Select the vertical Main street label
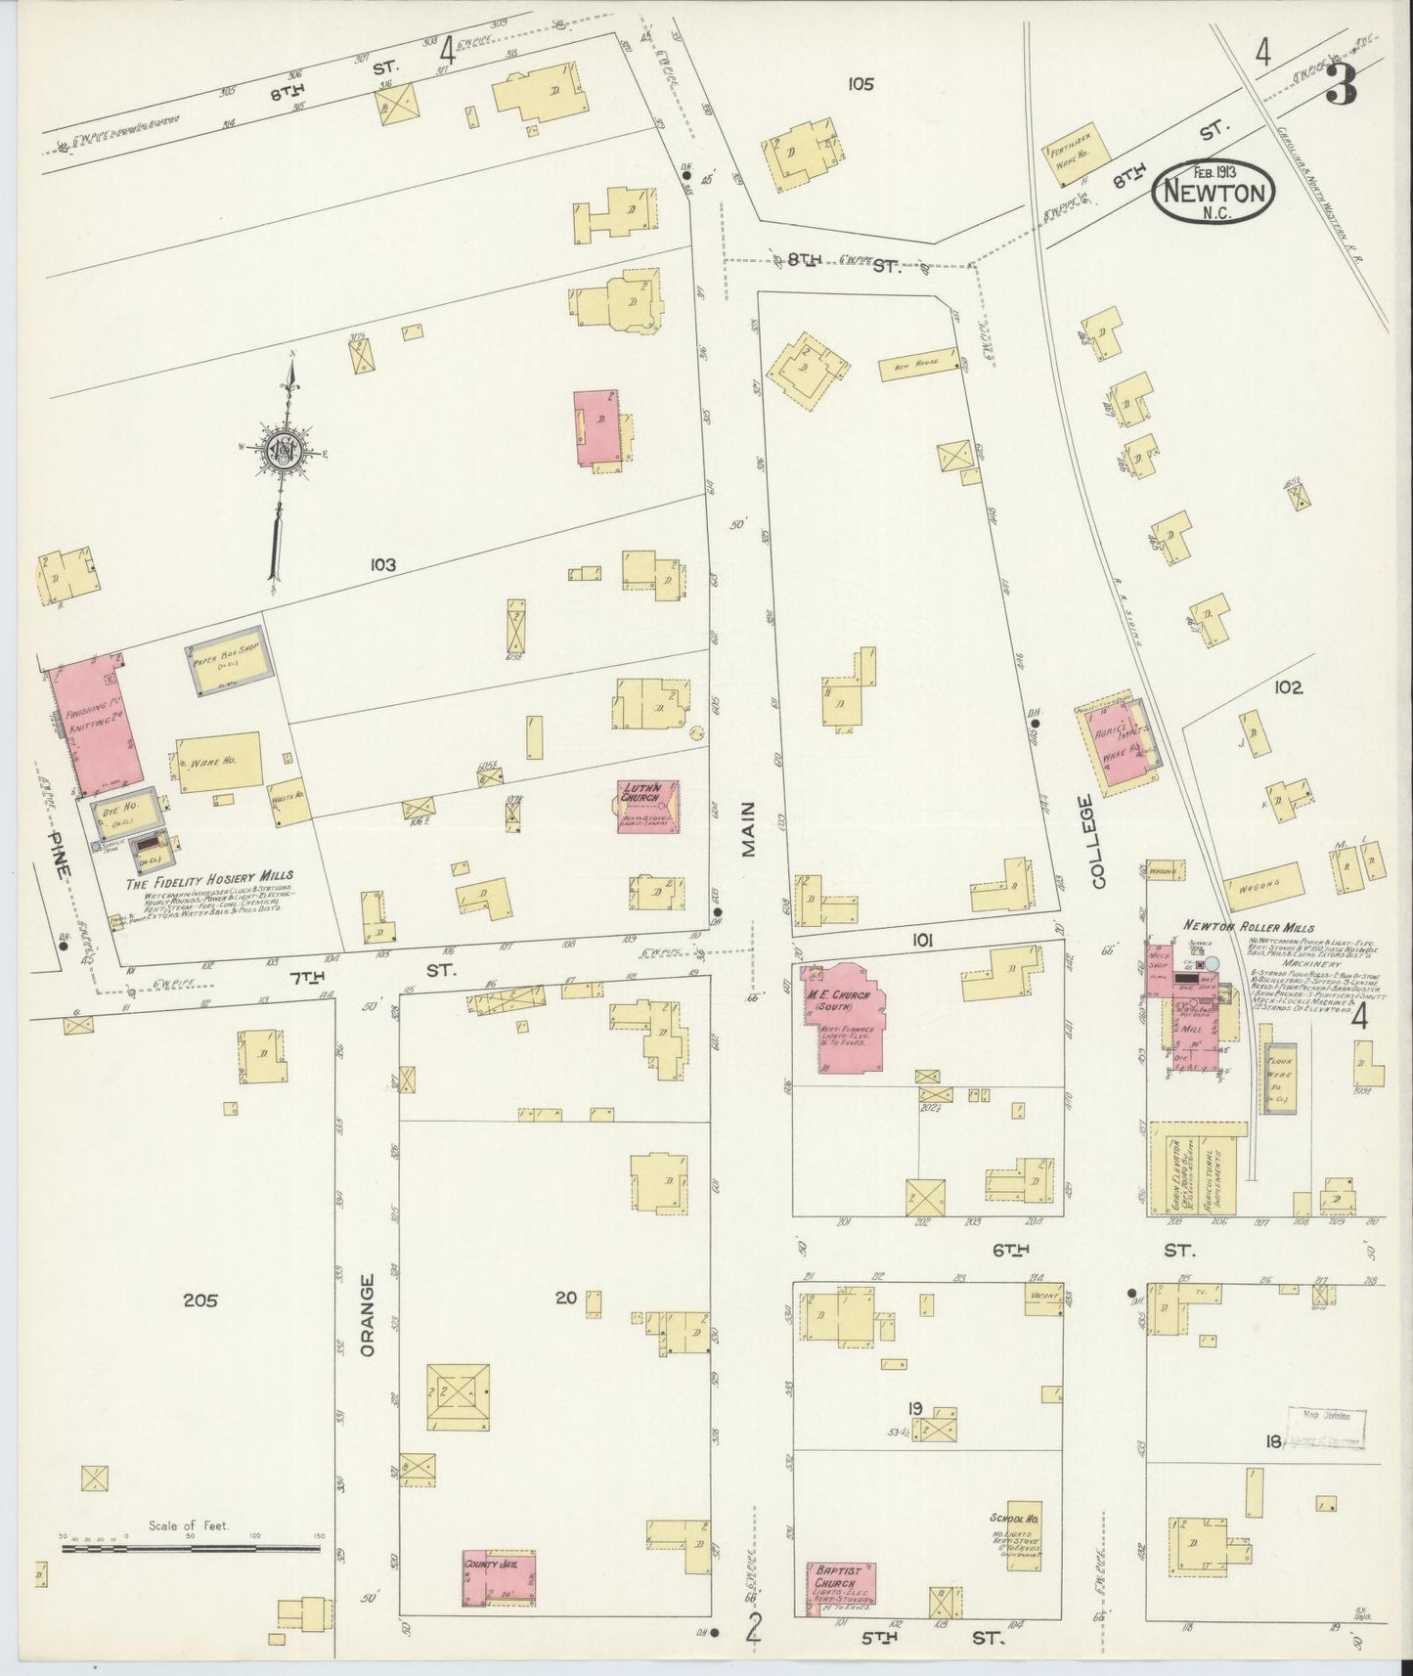click(x=749, y=829)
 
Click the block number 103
click(x=382, y=564)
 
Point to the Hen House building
click(x=916, y=366)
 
